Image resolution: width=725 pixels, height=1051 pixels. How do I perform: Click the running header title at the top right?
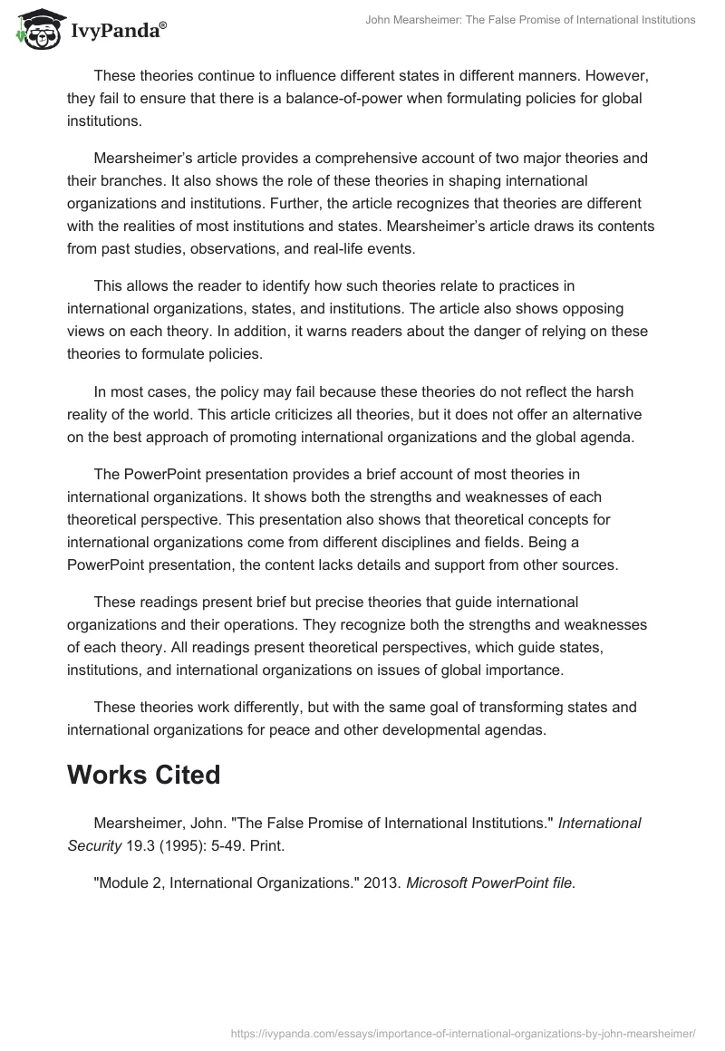pos(530,20)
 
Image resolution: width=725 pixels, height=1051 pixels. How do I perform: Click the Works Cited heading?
pos(143,776)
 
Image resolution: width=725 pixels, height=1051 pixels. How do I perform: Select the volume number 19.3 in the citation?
pos(135,845)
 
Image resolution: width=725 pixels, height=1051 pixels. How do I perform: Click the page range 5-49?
pos(229,845)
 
